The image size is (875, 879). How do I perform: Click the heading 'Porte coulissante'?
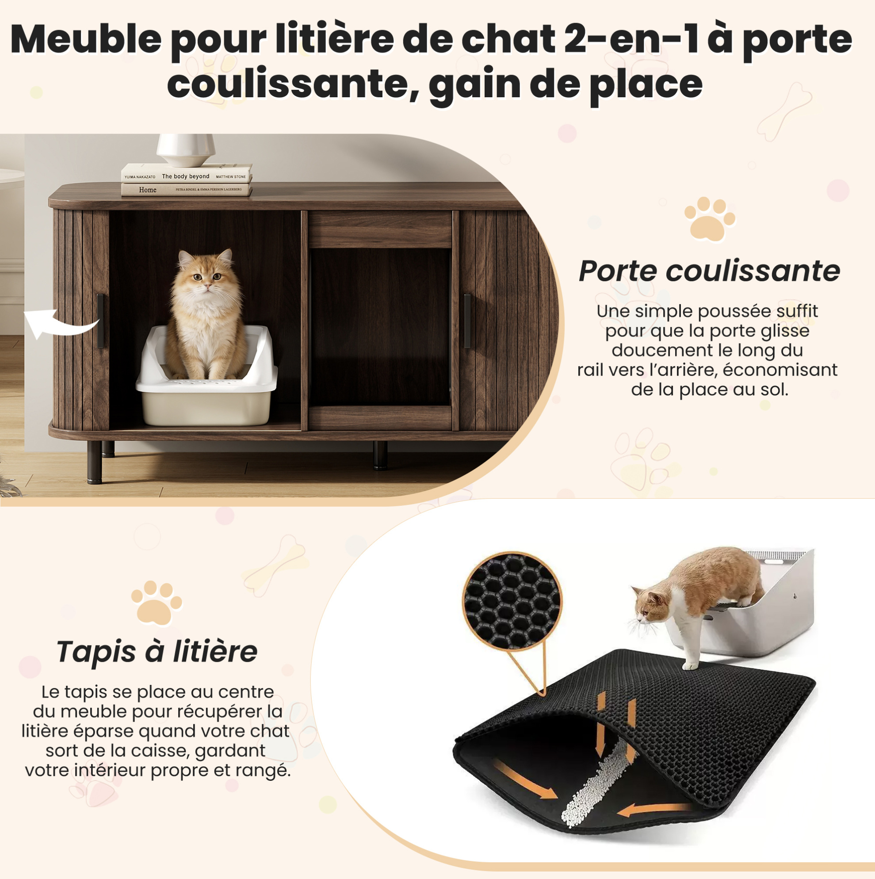pos(709,271)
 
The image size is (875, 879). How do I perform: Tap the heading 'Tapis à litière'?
pos(157,652)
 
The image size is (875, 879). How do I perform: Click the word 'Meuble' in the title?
pos(86,40)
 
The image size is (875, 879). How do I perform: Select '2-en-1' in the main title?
pos(631,40)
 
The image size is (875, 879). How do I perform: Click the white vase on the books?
pos(186,150)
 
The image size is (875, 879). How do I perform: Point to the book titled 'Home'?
pos(187,189)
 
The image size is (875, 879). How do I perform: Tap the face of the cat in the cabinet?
pos(206,276)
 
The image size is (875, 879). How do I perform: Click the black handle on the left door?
pos(100,321)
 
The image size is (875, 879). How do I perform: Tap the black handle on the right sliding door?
pos(467,321)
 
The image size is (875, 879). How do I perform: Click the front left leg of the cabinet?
pos(94,461)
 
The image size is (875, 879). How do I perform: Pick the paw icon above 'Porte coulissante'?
pos(709,219)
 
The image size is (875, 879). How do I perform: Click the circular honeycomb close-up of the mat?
pos(512,601)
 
